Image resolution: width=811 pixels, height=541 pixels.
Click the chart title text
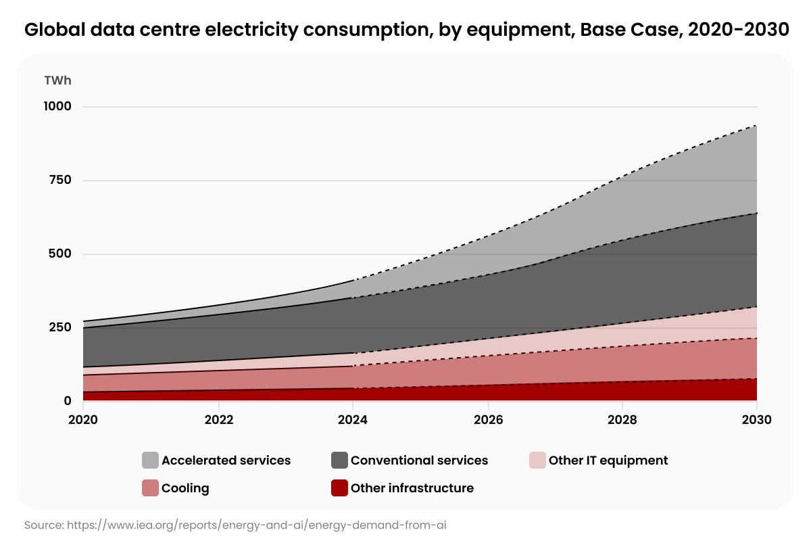[405, 30]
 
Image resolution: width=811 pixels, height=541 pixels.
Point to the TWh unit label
[57, 80]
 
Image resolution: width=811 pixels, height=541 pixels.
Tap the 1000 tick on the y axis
[57, 107]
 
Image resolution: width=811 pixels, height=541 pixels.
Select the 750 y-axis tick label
[59, 181]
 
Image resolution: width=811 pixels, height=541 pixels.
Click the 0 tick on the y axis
[67, 401]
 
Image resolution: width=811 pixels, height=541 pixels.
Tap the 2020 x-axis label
[83, 419]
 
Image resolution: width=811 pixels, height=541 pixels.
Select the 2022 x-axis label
[218, 419]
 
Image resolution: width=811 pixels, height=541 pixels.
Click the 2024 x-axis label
[353, 419]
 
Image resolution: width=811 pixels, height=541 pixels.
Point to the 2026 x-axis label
[488, 419]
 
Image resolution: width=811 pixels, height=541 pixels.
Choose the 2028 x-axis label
[622, 419]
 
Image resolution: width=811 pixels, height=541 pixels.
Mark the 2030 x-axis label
[756, 419]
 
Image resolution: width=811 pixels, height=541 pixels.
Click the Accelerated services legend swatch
[150, 461]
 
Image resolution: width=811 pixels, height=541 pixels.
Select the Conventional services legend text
[419, 461]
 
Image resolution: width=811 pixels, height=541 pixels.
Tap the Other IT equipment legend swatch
[537, 461]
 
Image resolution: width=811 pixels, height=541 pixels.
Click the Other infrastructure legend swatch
[339, 488]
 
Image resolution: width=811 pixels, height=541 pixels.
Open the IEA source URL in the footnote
[257, 524]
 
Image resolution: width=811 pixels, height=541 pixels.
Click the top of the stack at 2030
[756, 126]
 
